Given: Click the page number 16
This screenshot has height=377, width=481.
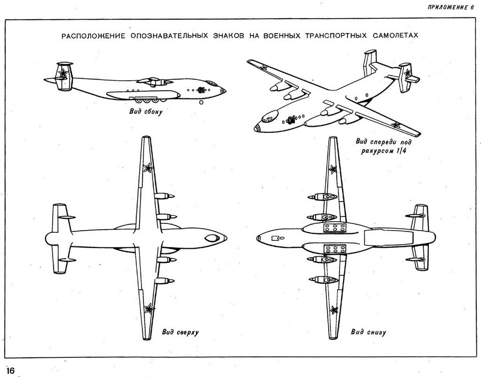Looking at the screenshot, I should pyautogui.click(x=10, y=370).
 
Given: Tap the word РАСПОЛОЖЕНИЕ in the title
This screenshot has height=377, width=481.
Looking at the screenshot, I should pyautogui.click(x=90, y=36).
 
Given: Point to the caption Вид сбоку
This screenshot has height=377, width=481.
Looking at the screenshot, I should pyautogui.click(x=146, y=112).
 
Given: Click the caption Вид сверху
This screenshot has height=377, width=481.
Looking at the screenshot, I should pyautogui.click(x=180, y=332).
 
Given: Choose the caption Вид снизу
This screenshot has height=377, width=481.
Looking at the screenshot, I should pyautogui.click(x=368, y=332).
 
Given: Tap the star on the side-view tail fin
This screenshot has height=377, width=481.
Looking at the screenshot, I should pyautogui.click(x=62, y=73).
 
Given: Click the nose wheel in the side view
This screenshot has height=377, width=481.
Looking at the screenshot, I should pyautogui.click(x=202, y=101).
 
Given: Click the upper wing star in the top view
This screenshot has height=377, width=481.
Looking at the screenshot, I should pyautogui.click(x=147, y=168).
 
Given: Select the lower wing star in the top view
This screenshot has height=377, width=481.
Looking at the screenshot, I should pyautogui.click(x=149, y=308).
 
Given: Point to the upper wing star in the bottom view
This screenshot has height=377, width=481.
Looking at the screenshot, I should pyautogui.click(x=333, y=169).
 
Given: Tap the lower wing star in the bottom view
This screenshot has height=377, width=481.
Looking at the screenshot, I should pyautogui.click(x=334, y=309).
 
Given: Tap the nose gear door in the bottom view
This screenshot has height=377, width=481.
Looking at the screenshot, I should pyautogui.click(x=276, y=238).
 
